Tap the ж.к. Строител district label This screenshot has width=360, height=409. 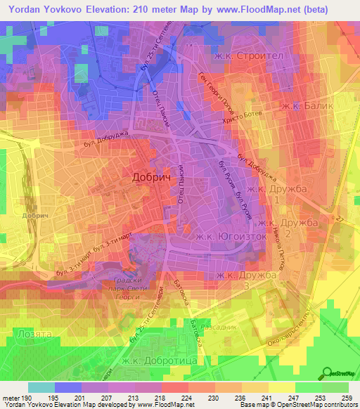tap(244, 55)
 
